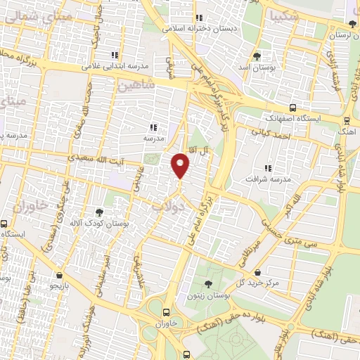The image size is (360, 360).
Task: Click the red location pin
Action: pyautogui.click(x=181, y=165)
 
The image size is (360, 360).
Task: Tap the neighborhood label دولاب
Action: pyautogui.click(x=169, y=207)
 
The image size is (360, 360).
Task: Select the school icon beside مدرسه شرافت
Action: pyautogui.click(x=267, y=167)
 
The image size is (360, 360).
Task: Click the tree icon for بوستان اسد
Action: pyautogui.click(x=255, y=56)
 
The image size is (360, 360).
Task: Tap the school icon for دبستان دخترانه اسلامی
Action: pyautogui.click(x=200, y=18)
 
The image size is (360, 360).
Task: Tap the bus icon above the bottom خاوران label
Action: pyautogui.click(x=167, y=312)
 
